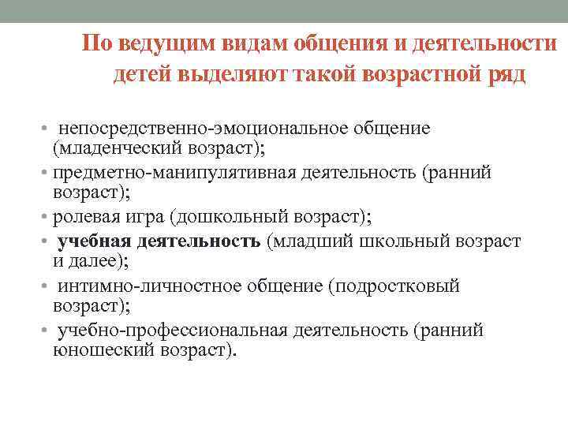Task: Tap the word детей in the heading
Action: pos(140,75)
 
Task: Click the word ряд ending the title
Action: pos(505,75)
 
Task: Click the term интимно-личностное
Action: pos(150,286)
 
